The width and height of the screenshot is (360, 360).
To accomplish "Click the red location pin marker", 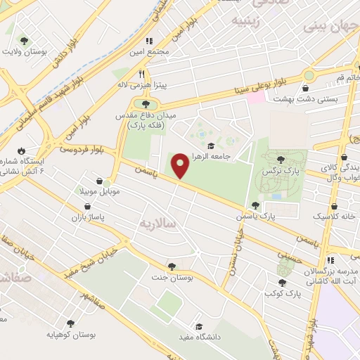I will [181, 166].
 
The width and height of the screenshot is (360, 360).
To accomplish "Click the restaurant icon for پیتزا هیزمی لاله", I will [141, 73].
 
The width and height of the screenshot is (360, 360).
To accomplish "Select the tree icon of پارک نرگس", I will [281, 160].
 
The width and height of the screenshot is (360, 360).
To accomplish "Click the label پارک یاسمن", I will [276, 218].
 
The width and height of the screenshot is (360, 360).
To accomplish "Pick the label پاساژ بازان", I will [86, 218].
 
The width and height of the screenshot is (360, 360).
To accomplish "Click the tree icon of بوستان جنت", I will [172, 265].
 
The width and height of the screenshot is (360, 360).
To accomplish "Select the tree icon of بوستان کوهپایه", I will [70, 323].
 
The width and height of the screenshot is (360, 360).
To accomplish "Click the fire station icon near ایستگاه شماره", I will [22, 150].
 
